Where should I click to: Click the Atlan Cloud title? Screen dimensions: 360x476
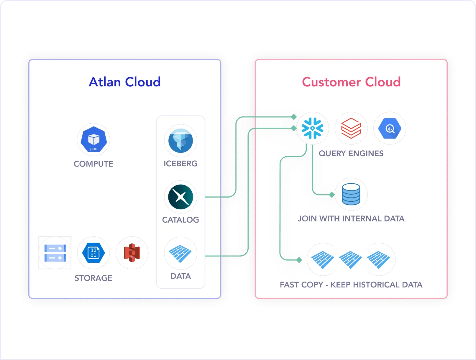(x=125, y=82)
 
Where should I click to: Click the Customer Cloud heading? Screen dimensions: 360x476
(x=351, y=82)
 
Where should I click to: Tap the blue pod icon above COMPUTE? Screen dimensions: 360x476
(x=93, y=139)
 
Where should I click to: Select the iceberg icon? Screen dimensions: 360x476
(x=180, y=141)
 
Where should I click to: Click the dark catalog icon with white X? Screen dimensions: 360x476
(x=180, y=197)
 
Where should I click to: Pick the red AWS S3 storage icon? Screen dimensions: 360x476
(x=132, y=253)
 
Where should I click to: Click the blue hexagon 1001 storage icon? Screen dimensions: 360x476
(x=93, y=253)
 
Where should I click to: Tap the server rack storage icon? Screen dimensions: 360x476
(x=55, y=253)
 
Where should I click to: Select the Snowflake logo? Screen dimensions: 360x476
(x=313, y=128)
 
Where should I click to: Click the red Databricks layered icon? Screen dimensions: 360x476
(x=351, y=128)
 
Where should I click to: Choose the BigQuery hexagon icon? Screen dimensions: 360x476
(x=390, y=128)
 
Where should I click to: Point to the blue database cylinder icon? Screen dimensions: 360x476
(x=351, y=194)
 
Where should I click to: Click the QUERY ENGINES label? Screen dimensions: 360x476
(x=351, y=153)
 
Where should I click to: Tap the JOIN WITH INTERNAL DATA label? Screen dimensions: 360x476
(x=351, y=218)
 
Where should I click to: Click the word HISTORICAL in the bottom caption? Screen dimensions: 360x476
(x=376, y=285)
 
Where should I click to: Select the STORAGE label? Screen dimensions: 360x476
(x=93, y=278)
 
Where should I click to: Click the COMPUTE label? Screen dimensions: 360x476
(x=93, y=164)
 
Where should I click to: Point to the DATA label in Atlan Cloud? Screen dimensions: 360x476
(x=180, y=276)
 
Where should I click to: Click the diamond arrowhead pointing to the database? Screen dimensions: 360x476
(x=332, y=195)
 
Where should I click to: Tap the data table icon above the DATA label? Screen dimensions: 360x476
(x=180, y=253)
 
